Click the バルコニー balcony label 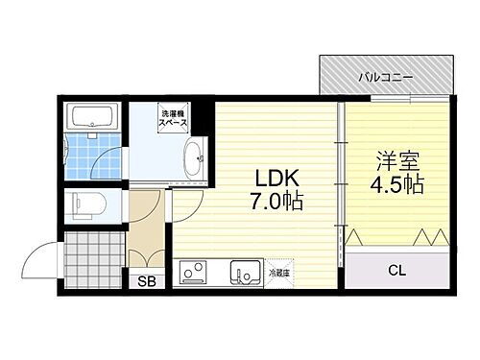pos(386,73)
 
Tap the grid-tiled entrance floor pos(94,260)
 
